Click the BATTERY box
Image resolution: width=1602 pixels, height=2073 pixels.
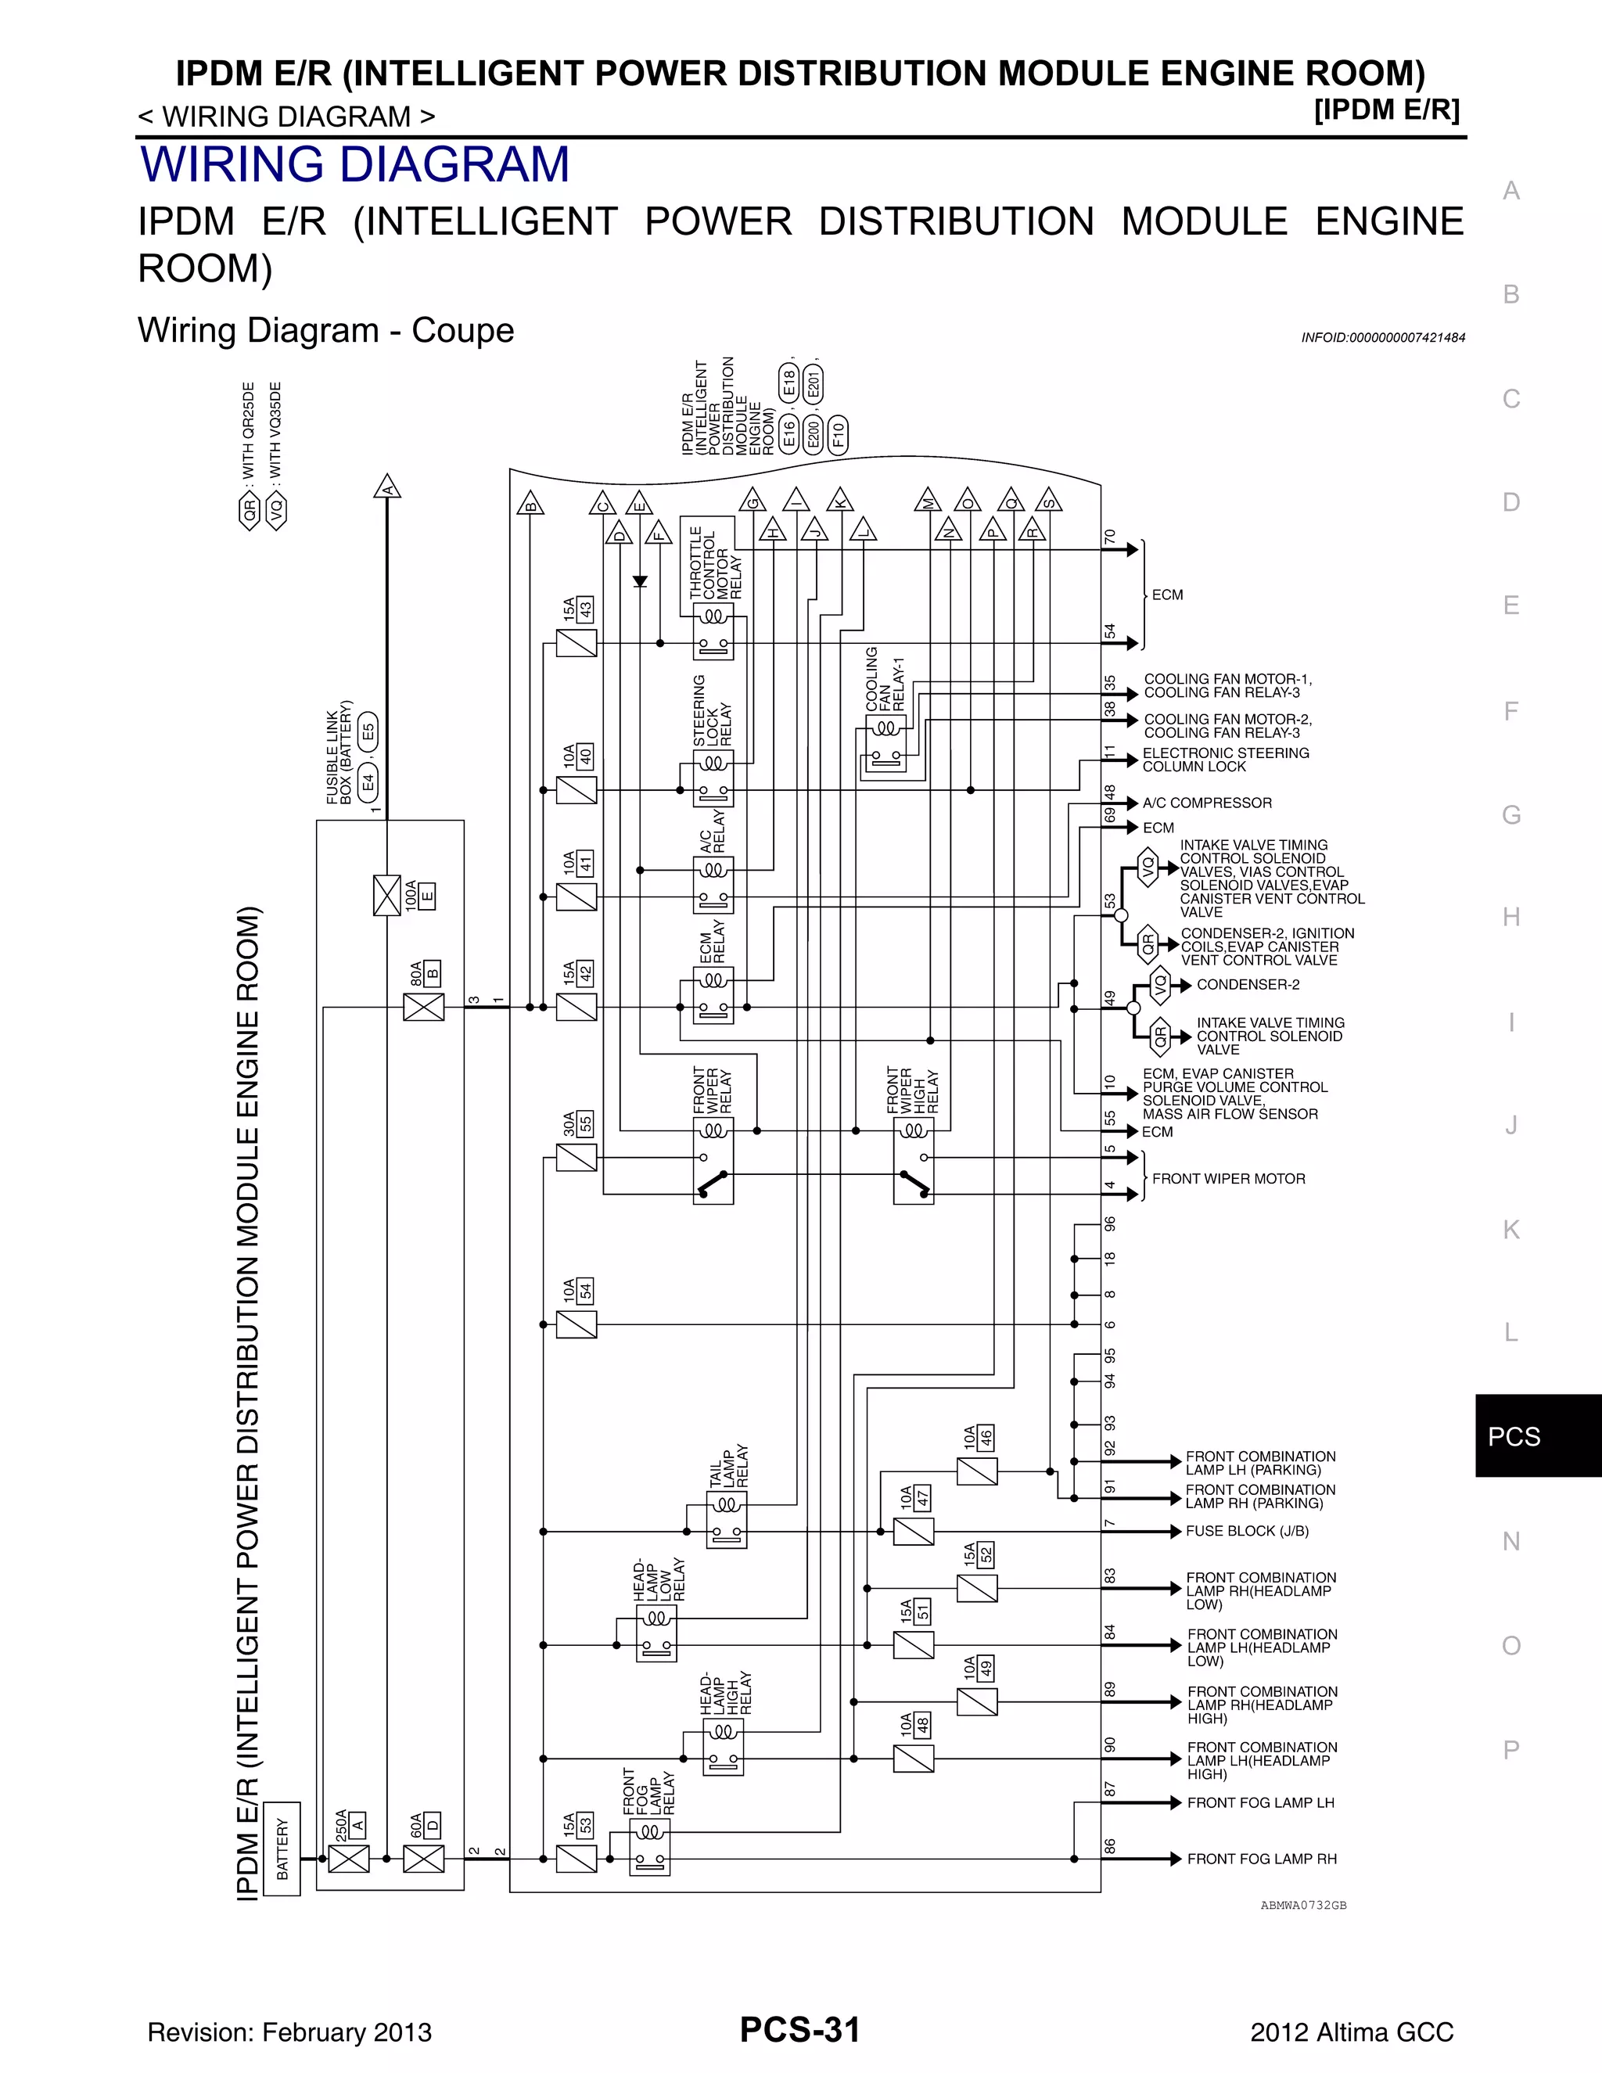coord(282,1849)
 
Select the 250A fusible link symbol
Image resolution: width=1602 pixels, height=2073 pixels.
coord(348,1859)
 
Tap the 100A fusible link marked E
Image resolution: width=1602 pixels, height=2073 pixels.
coord(387,895)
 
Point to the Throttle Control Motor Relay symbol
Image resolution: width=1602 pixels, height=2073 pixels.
coord(713,632)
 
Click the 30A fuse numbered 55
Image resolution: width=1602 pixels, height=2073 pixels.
coord(576,1157)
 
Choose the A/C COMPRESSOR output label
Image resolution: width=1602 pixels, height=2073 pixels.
coord(1207,803)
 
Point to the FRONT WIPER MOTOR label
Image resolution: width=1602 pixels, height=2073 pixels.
coord(1228,1179)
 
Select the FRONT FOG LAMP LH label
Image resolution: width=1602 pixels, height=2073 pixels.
coord(1260,1802)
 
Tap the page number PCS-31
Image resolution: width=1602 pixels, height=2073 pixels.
coord(800,2029)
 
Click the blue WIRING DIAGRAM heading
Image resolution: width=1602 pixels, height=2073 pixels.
coord(355,164)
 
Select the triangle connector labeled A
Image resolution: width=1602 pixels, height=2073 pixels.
coord(386,487)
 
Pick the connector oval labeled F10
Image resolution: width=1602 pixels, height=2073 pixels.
coord(838,435)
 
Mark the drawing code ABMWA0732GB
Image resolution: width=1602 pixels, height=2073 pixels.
coord(1303,1905)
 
